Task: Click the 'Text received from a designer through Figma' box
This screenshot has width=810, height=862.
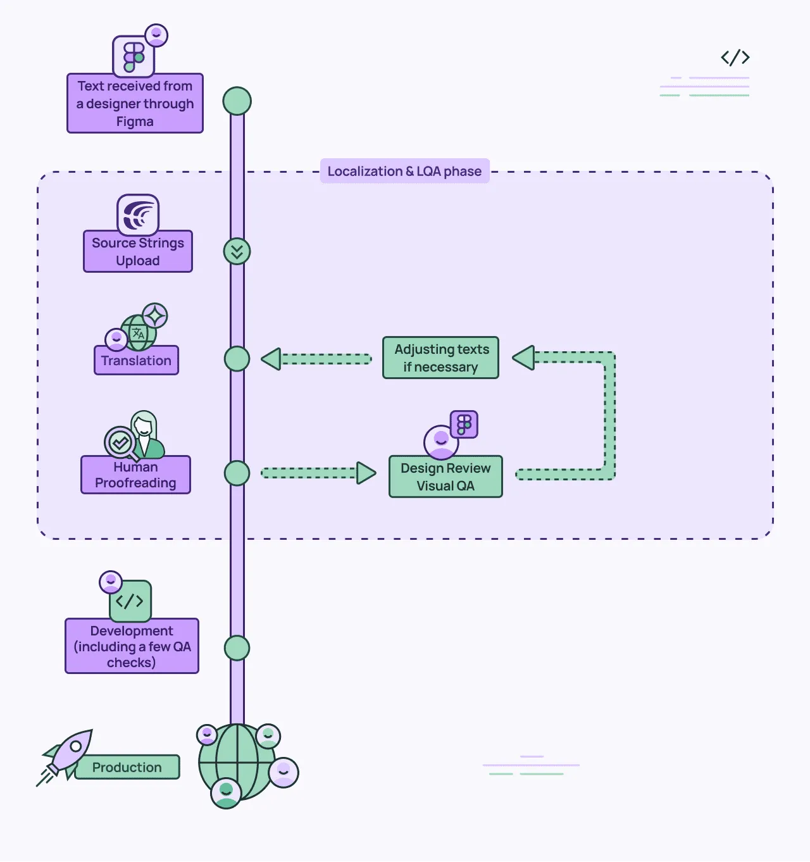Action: point(135,103)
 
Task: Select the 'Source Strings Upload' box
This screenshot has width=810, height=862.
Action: point(138,251)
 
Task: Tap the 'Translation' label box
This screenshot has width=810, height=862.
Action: point(136,361)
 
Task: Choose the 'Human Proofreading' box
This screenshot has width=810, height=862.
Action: point(135,475)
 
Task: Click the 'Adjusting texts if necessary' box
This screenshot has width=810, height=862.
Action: point(440,358)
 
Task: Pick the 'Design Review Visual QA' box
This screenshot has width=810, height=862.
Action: point(445,477)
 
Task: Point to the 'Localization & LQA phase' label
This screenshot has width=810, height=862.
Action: point(404,171)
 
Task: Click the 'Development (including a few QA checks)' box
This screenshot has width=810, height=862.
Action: point(132,646)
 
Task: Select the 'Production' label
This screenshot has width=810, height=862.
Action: point(127,767)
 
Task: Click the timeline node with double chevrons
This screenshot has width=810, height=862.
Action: point(237,251)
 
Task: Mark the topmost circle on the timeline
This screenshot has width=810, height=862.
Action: point(237,101)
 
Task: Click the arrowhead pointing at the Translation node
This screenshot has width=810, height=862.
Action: point(271,359)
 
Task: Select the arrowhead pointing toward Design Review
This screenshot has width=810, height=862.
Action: point(366,473)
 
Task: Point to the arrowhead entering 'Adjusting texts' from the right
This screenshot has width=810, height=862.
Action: point(524,358)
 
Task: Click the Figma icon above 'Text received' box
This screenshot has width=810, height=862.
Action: point(134,57)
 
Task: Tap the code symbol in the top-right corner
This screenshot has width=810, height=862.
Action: point(735,58)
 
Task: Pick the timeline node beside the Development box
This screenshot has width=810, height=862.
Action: point(237,648)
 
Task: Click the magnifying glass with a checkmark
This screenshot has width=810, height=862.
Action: point(120,442)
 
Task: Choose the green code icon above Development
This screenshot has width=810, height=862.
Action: point(130,601)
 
